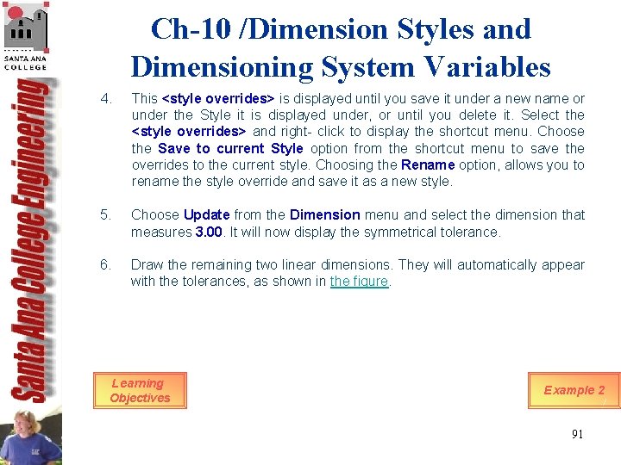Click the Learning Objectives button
(x=140, y=391)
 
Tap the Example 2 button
(x=574, y=390)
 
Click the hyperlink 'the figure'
(x=360, y=282)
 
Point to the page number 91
(x=577, y=434)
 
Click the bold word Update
(x=207, y=215)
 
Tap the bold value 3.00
(x=210, y=232)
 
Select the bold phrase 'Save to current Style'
(x=230, y=149)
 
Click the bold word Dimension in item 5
(x=324, y=215)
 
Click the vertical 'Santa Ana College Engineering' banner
(x=32, y=241)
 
